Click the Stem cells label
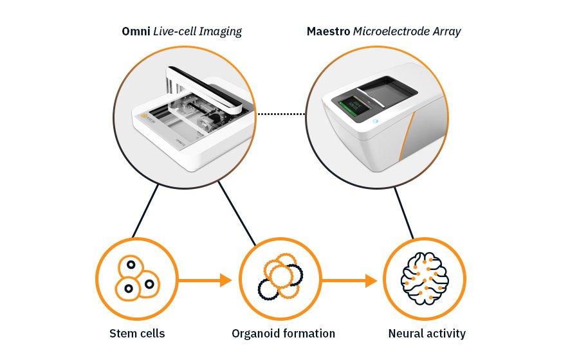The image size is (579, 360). (x=137, y=333)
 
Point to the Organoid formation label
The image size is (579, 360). (x=283, y=333)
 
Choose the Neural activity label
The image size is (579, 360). (x=427, y=333)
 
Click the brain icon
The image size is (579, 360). (x=425, y=278)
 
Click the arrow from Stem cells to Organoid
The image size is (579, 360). (x=205, y=280)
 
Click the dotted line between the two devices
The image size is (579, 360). (x=280, y=114)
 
